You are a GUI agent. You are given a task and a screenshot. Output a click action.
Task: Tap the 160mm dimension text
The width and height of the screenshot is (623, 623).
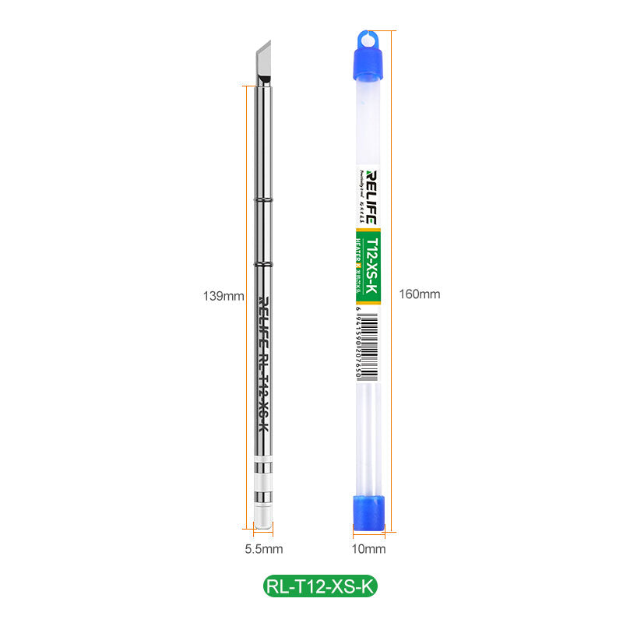click(x=419, y=294)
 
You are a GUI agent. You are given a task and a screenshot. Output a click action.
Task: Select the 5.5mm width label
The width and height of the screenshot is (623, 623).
click(x=264, y=549)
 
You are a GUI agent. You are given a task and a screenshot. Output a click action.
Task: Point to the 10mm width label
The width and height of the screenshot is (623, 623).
click(x=368, y=549)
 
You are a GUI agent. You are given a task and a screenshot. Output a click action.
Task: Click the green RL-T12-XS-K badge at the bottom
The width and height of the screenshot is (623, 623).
click(x=319, y=586)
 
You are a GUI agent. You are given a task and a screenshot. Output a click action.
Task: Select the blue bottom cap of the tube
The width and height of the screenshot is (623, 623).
click(x=368, y=511)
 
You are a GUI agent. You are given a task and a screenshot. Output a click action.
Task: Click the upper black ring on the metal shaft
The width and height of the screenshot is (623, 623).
click(x=264, y=201)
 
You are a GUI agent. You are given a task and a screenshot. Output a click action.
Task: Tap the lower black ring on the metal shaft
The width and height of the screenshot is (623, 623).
click(x=264, y=266)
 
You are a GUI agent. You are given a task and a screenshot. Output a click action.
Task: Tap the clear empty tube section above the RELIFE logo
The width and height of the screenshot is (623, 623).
click(x=368, y=125)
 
